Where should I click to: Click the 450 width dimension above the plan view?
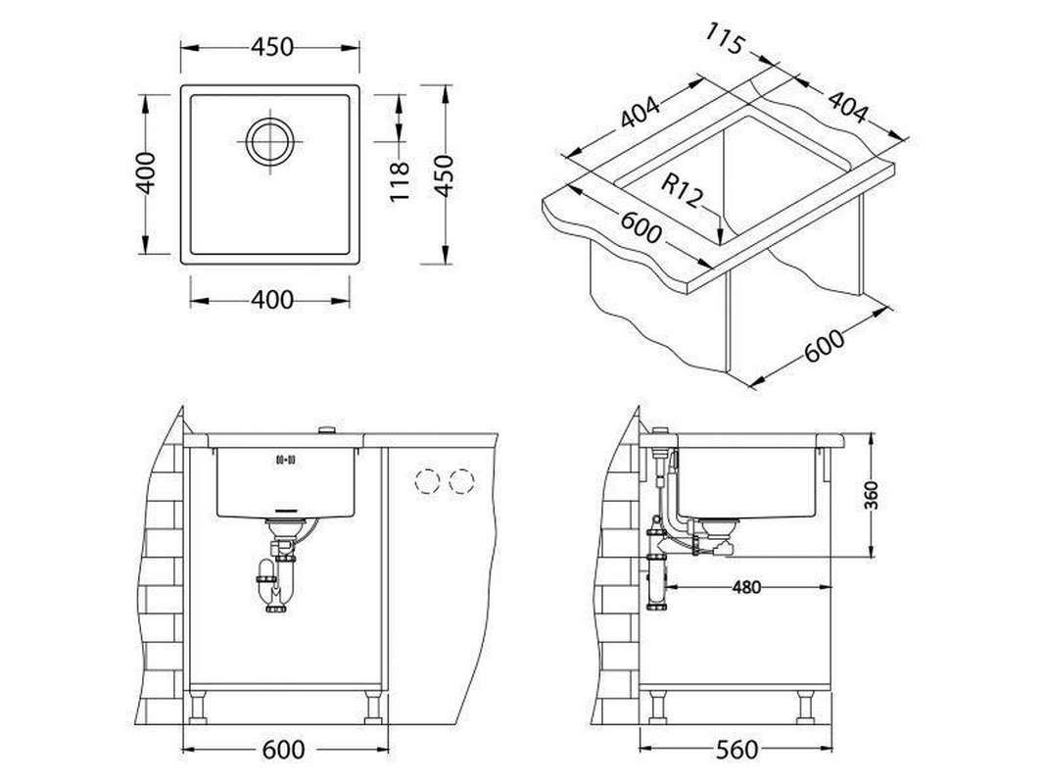pyautogui.click(x=272, y=47)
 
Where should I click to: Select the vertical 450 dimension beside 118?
pyautogui.click(x=443, y=175)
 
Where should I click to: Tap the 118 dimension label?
pyautogui.click(x=399, y=181)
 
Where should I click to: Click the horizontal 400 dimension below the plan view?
pyautogui.click(x=272, y=301)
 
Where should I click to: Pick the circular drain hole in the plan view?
pyautogui.click(x=269, y=141)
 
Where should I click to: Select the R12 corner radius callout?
pyautogui.click(x=682, y=191)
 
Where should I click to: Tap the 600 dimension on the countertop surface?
pyautogui.click(x=641, y=227)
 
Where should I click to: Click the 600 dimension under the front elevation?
pyautogui.click(x=283, y=750)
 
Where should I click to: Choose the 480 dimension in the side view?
pyautogui.click(x=745, y=587)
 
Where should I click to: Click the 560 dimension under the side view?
pyautogui.click(x=736, y=750)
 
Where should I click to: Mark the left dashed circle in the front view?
pyautogui.click(x=428, y=481)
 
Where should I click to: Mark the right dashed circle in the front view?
pyautogui.click(x=461, y=481)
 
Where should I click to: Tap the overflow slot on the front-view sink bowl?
pyautogui.click(x=285, y=459)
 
